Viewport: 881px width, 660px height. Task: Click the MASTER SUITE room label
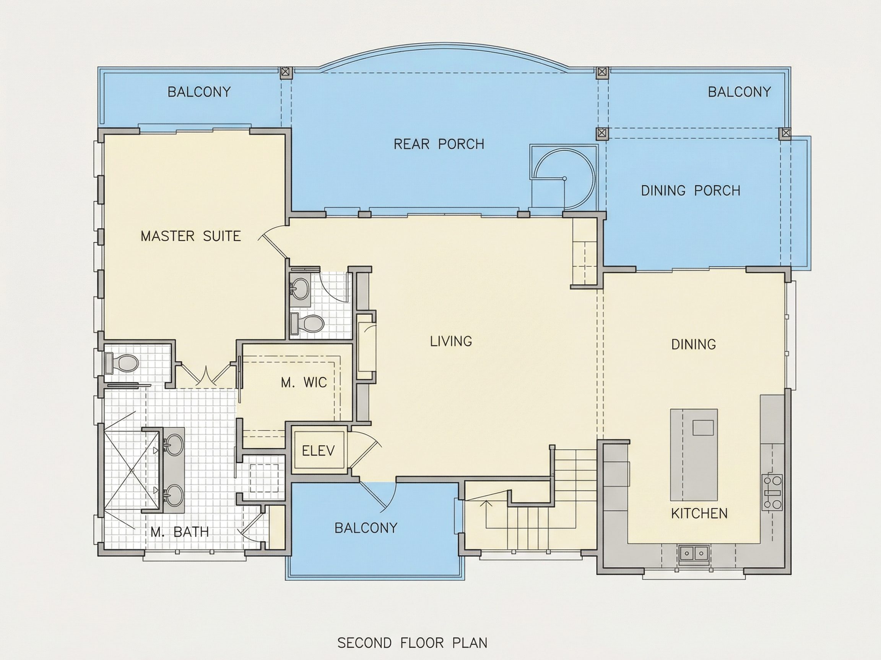coord(191,236)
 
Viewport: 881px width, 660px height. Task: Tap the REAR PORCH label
coord(439,144)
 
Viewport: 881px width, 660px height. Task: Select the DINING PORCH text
coord(691,191)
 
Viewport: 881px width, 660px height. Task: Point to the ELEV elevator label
coord(318,451)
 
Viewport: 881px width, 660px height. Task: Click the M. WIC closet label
coord(304,382)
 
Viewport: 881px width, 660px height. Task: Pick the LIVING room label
coord(451,341)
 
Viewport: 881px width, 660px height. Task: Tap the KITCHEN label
coord(699,514)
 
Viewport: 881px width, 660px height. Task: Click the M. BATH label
coord(180,532)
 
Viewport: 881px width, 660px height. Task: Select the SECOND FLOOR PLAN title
coord(413,643)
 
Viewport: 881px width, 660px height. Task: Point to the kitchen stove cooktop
coord(772,492)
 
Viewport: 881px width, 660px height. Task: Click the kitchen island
coord(694,455)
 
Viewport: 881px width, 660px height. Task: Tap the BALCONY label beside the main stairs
coord(366,528)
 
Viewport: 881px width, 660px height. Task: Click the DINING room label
coord(693,344)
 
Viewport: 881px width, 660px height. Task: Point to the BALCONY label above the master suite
coord(199,92)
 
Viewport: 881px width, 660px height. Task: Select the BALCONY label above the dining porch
coord(739,92)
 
